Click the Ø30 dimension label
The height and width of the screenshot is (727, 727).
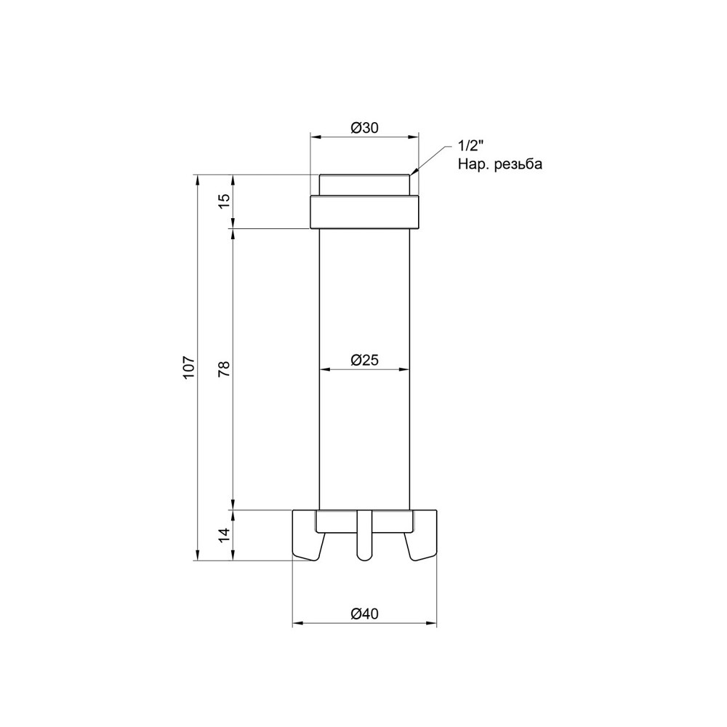(365, 128)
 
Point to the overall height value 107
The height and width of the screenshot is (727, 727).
(188, 366)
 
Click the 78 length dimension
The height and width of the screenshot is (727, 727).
(225, 369)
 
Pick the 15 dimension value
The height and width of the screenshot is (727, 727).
(225, 201)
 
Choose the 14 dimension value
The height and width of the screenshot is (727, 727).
(225, 535)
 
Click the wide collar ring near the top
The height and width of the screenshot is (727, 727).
(365, 212)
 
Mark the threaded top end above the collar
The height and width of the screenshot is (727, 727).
(365, 185)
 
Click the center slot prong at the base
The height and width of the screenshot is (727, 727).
(364, 538)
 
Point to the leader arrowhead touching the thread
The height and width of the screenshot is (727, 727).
(414, 172)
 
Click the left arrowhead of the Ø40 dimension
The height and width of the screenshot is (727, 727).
(297, 624)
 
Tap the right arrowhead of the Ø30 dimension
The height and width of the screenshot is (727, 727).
(415, 136)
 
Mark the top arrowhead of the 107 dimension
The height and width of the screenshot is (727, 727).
(197, 179)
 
